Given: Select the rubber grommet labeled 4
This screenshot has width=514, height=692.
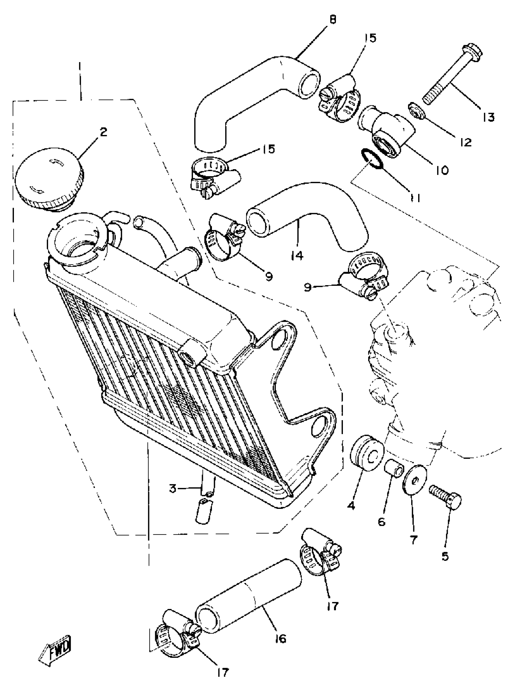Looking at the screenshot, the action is click(367, 453).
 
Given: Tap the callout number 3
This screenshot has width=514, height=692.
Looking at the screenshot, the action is click(173, 488).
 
